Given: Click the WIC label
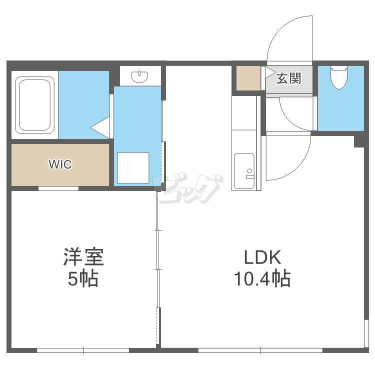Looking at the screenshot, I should click(60, 164).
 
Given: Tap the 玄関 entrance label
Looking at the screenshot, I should click(288, 78).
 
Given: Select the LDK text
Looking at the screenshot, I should click(263, 258).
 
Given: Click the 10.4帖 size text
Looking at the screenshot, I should click(263, 279).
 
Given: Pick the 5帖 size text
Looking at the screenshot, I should click(83, 279).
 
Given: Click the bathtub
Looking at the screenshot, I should click(34, 104).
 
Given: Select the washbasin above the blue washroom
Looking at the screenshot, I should click(139, 76).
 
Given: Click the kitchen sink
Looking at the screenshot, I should click(244, 171).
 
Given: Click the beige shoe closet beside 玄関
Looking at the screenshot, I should click(248, 78).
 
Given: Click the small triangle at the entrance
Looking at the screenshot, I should click(270, 71).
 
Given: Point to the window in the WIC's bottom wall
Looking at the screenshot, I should click(58, 188).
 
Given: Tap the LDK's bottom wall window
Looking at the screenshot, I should click(260, 350).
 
